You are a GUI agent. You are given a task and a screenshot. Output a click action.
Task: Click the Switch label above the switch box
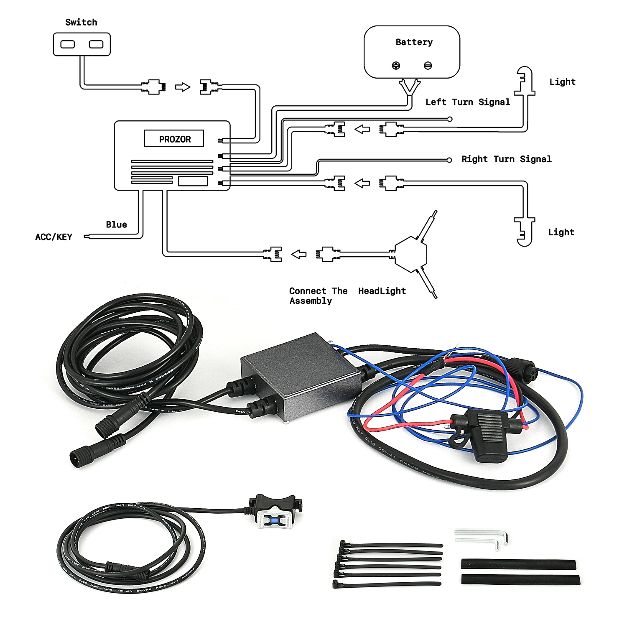81,22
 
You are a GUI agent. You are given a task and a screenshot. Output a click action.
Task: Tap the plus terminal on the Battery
396,65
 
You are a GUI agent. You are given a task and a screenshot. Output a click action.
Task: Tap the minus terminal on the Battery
428,65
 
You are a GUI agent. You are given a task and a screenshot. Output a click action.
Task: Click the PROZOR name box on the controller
174,138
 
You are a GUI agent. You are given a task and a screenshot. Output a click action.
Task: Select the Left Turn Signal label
468,102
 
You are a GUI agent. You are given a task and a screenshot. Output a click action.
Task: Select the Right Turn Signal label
506,159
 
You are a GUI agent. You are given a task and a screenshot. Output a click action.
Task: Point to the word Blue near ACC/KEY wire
116,224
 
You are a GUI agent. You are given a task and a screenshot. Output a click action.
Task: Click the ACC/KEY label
54,237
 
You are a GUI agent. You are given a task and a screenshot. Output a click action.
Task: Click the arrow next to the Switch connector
182,87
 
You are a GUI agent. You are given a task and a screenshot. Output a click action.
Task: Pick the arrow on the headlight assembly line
298,254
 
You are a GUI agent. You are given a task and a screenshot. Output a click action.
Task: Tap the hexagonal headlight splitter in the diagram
411,254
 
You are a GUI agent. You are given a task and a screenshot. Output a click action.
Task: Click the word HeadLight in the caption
382,291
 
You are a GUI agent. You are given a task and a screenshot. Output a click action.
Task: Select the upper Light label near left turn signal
562,82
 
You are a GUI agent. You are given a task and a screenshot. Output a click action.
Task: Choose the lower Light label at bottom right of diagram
561,232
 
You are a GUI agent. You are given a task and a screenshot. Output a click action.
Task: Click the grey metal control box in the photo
301,376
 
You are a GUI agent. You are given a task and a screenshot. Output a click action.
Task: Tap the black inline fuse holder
485,435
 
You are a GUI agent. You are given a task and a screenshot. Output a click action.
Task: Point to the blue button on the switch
274,520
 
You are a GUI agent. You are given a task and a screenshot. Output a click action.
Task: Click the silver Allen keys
482,539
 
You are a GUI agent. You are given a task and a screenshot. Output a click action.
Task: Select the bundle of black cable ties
387,564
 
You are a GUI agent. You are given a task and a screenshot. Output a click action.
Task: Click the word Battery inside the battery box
414,42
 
